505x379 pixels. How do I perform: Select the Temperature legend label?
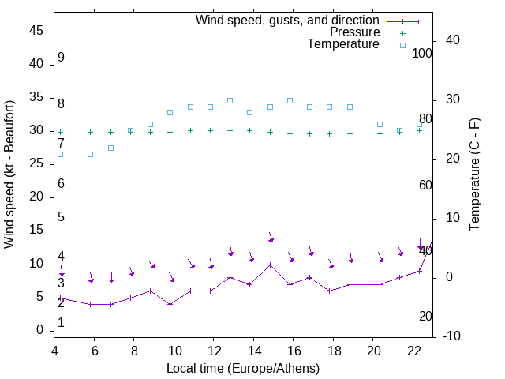point(343,44)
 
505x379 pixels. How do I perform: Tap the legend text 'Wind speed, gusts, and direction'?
point(288,20)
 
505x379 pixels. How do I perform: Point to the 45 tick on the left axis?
point(36,31)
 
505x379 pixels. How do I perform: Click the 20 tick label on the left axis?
point(36,197)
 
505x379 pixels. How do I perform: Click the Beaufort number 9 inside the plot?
point(61,58)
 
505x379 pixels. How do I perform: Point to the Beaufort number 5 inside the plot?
point(61,217)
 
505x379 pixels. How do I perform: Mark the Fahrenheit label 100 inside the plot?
point(422,53)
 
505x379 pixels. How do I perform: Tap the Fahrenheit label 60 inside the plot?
point(425,185)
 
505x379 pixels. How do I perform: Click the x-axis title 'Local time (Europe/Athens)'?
point(243,368)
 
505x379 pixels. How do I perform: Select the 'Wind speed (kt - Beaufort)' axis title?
point(9,174)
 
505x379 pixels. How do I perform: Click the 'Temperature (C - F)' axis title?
point(474,174)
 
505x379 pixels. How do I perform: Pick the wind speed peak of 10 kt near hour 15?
point(270,265)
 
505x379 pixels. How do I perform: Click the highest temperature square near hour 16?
point(290,100)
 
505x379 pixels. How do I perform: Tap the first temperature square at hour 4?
point(60,154)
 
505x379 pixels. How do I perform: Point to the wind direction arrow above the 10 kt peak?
point(270,237)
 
